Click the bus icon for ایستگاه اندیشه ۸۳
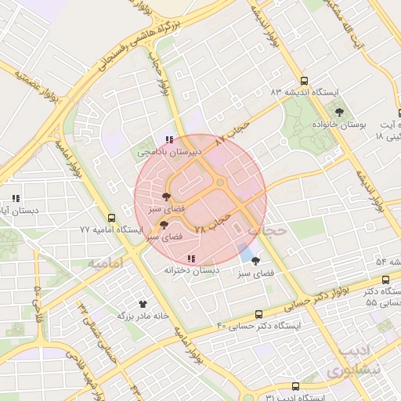pyautogui.click(x=304, y=81)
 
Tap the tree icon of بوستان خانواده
pyautogui.click(x=338, y=112)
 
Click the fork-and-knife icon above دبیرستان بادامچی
pyautogui.click(x=169, y=139)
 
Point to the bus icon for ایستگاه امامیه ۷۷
pyautogui.click(x=111, y=218)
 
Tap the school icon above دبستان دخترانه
pyautogui.click(x=190, y=258)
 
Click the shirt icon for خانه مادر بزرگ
pyautogui.click(x=142, y=303)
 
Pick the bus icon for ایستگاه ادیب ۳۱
pyautogui.click(x=294, y=386)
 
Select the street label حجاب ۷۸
pyautogui.click(x=212, y=222)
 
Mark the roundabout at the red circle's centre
pyautogui.click(x=221, y=184)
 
